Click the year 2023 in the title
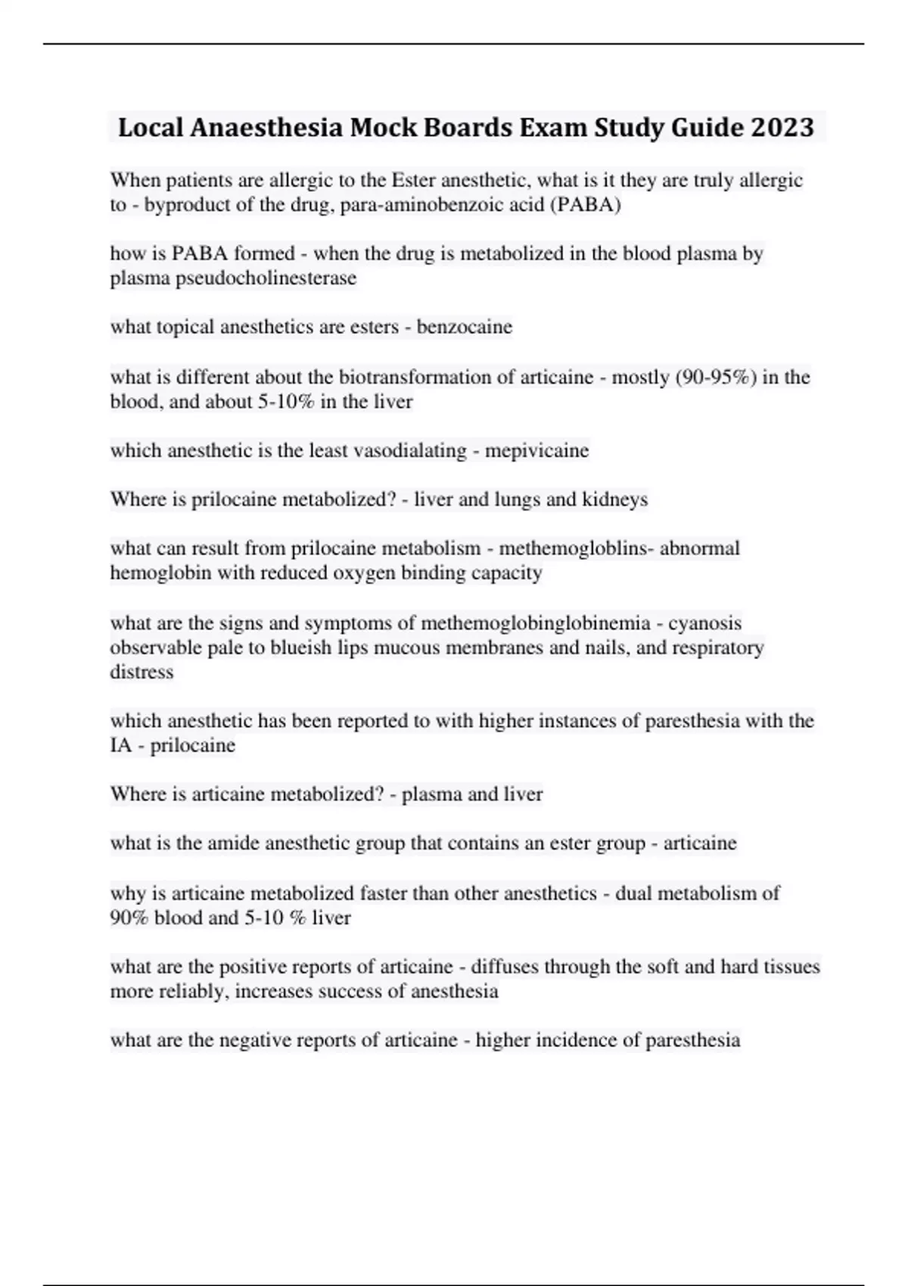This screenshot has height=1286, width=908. click(x=782, y=127)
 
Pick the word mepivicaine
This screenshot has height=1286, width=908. click(x=536, y=451)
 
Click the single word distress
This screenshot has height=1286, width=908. click(x=141, y=672)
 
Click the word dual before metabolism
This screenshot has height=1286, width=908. click(x=633, y=893)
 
